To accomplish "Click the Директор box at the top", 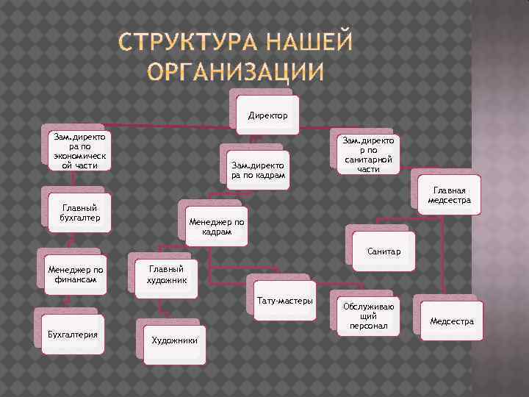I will pyautogui.click(x=268, y=115).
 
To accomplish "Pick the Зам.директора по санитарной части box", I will pyautogui.click(x=368, y=154).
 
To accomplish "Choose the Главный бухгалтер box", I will pyautogui.click(x=80, y=212).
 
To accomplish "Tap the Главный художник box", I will pyautogui.click(x=166, y=275).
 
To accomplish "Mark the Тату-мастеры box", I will pyautogui.click(x=285, y=301).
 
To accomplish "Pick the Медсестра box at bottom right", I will pyautogui.click(x=452, y=321).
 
